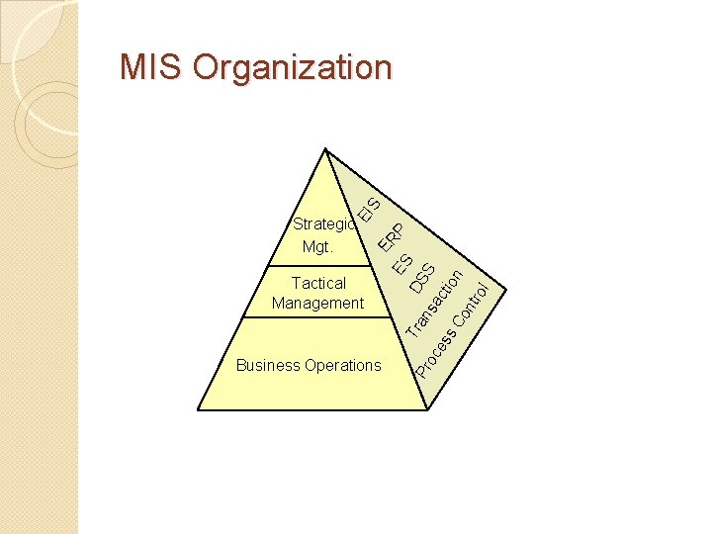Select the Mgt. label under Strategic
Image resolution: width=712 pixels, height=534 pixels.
coord(317,247)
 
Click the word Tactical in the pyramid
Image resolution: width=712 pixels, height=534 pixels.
coord(318,284)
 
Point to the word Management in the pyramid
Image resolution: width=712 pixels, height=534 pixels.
coord(318,304)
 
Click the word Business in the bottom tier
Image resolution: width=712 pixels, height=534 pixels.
coord(267,366)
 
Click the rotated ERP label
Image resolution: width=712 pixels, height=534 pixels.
coord(391,237)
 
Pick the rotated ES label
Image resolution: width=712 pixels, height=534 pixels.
coord(401,262)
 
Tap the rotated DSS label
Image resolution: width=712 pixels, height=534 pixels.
coord(422,278)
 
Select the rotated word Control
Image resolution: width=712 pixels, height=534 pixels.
coord(472,306)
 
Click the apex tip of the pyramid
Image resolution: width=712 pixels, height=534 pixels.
coord(324,149)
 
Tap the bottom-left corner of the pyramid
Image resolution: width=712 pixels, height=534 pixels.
coord(200,408)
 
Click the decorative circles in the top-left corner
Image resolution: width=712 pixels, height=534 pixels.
coord(44,109)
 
